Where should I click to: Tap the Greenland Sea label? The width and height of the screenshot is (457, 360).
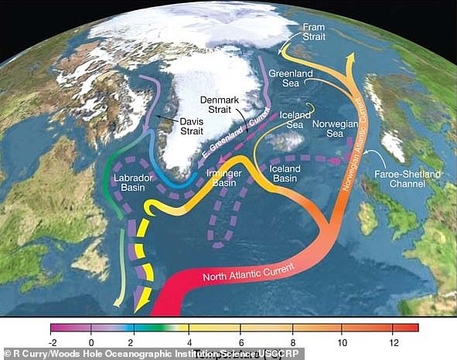(290, 80)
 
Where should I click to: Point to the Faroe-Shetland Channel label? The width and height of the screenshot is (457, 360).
(412, 180)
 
